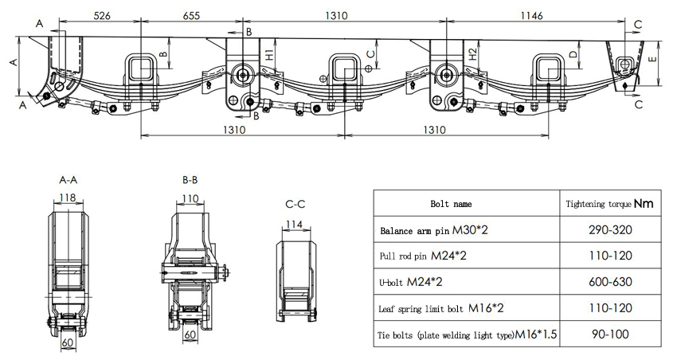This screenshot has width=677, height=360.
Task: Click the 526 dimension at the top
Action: pyautogui.click(x=101, y=14)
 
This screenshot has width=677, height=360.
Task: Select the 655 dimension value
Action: pyautogui.click(x=192, y=14)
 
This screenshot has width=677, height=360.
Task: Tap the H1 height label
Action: pyautogui.click(x=270, y=57)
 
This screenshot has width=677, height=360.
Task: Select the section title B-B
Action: pyautogui.click(x=190, y=181)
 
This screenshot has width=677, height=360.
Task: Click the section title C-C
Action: pyautogui.click(x=295, y=205)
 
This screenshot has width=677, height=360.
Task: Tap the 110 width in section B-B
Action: pyautogui.click(x=190, y=198)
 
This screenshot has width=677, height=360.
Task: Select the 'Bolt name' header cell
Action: pyautogui.click(x=461, y=204)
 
